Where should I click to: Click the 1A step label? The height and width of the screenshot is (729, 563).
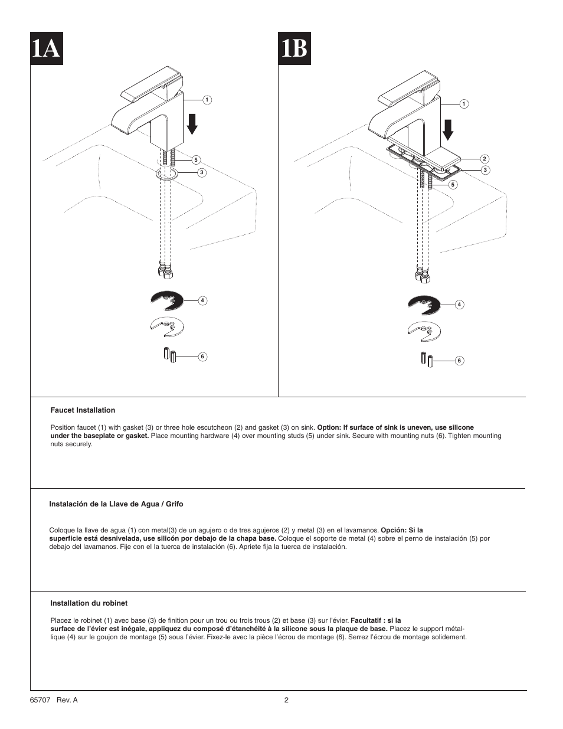47,48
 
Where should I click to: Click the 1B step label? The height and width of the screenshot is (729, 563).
294,48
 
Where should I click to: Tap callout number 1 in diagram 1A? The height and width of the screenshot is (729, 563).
207,100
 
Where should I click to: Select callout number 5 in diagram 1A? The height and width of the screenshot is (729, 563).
197,160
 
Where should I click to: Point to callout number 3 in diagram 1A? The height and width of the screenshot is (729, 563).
201,172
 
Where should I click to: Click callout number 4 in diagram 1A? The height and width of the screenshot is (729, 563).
202,300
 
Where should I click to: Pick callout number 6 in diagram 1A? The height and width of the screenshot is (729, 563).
202,357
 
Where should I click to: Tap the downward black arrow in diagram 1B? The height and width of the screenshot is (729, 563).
449,129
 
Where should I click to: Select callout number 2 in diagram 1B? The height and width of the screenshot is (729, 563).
484,159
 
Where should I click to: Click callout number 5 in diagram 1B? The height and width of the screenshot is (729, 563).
453,184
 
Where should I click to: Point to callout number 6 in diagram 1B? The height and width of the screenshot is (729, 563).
459,360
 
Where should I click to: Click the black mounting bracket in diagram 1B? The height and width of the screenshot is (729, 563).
424,305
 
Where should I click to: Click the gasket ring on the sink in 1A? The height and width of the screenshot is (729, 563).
168,174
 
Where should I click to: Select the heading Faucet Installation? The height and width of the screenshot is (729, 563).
83,410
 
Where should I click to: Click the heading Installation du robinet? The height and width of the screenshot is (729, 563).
89,603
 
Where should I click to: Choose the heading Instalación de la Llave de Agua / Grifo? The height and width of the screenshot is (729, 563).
116,504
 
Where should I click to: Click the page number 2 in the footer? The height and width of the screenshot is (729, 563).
286,700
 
